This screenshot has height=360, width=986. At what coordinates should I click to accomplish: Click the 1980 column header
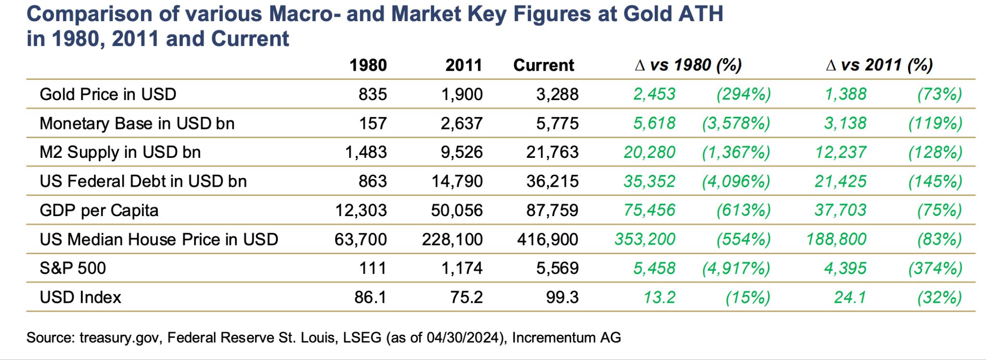click(x=368, y=65)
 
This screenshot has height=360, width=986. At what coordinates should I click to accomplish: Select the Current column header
click(x=544, y=65)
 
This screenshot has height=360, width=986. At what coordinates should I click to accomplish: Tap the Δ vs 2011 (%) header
click(x=879, y=65)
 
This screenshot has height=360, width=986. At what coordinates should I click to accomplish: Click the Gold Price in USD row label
click(x=108, y=94)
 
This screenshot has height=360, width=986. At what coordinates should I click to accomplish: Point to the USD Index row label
click(x=80, y=297)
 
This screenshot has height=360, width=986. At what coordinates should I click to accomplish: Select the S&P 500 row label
click(x=73, y=268)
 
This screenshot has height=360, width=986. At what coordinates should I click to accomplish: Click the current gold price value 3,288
click(x=557, y=94)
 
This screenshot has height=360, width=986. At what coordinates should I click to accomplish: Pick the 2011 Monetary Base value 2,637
click(x=461, y=123)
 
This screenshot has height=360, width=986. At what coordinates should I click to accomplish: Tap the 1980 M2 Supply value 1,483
click(x=366, y=152)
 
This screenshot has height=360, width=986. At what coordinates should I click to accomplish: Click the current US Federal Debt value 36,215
click(x=552, y=181)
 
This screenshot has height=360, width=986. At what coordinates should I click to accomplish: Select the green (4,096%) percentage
click(x=736, y=181)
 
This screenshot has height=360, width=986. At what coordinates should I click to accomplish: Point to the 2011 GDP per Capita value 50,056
click(x=456, y=210)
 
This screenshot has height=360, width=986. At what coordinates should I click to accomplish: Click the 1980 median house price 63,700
click(x=361, y=239)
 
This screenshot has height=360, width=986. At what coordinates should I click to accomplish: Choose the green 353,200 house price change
click(x=645, y=239)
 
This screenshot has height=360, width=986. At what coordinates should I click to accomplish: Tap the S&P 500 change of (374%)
click(x=935, y=268)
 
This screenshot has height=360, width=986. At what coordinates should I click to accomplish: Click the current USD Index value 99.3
click(x=562, y=297)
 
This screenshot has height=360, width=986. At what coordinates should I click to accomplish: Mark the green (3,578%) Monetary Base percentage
click(x=736, y=123)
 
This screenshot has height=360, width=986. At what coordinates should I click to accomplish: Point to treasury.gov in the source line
click(x=119, y=338)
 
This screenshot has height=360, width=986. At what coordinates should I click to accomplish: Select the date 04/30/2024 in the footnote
click(x=463, y=338)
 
